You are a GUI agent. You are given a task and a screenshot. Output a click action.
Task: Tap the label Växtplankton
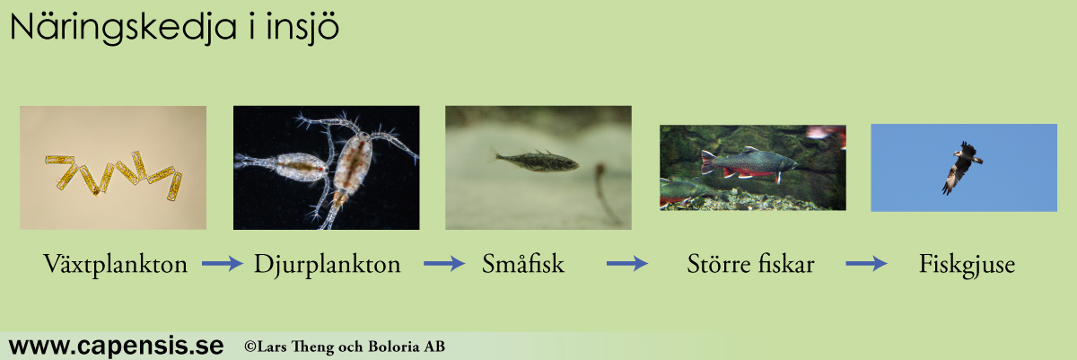pos(116,264)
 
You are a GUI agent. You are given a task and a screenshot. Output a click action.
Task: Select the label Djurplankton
pos(327,264)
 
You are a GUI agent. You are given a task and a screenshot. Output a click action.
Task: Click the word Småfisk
pos(523,263)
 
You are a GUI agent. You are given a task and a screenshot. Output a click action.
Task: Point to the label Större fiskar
pos(750,263)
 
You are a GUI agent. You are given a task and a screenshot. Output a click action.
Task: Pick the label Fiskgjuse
pos(967,264)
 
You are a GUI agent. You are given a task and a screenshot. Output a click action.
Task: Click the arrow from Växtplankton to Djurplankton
pos(223,263)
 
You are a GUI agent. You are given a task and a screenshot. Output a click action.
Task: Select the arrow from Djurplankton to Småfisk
pos(443,263)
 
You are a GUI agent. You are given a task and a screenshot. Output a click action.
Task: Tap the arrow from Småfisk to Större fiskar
pos(627,263)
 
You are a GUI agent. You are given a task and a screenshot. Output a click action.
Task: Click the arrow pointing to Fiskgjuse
pos(866,263)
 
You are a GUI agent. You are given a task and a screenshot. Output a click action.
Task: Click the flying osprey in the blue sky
pos(960,167)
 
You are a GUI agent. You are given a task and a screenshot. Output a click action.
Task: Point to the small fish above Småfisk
pos(536,160)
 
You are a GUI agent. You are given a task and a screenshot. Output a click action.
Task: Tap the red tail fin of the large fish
pos(709,162)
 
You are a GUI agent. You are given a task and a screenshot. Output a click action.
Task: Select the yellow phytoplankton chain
pos(113,174)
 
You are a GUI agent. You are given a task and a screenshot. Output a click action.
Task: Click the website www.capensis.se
pos(116,346)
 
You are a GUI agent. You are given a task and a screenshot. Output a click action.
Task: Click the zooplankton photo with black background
pos(326,167)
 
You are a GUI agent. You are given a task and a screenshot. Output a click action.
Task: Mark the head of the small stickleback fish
pos(571,163)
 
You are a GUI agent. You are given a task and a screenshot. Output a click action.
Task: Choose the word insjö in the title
pos(302,28)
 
